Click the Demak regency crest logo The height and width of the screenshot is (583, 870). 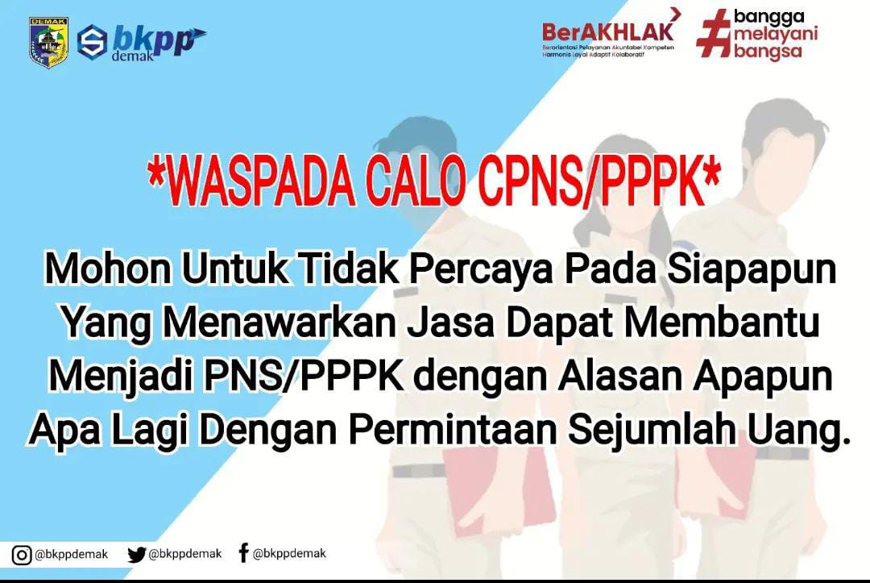(48, 43)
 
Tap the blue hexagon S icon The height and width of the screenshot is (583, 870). (92, 42)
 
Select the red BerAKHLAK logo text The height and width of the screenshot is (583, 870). (607, 31)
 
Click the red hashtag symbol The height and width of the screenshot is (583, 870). (714, 33)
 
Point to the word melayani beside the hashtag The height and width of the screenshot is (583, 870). (775, 35)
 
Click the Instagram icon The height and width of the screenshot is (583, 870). (21, 555)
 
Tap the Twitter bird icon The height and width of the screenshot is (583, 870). (136, 555)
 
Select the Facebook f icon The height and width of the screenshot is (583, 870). (243, 552)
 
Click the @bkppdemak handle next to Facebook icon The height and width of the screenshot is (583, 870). (290, 554)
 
